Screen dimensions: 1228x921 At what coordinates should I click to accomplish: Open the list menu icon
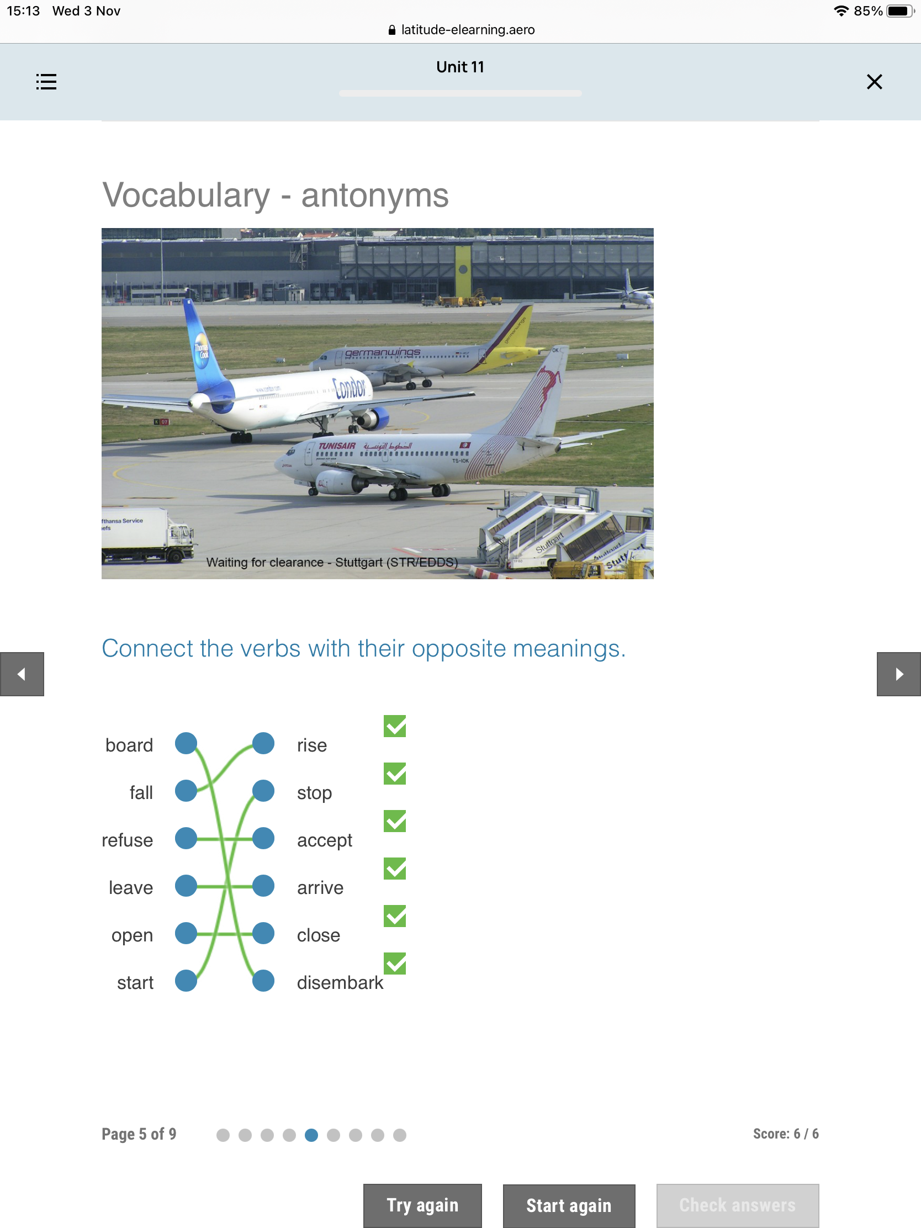coord(46,82)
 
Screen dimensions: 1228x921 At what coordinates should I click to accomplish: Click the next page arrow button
coord(898,674)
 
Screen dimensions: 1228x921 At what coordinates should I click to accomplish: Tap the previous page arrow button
coord(22,674)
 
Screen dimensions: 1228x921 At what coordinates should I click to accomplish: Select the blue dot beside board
coord(186,743)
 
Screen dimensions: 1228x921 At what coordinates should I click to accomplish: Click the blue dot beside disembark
coord(263,981)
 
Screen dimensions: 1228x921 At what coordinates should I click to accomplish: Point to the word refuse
coord(127,840)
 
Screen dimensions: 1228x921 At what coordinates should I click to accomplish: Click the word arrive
coord(320,888)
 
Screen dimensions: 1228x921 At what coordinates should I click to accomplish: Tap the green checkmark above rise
coord(395,726)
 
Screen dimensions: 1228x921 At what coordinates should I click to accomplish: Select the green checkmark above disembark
coord(395,964)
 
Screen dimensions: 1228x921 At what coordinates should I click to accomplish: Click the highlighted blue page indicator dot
coord(311,1135)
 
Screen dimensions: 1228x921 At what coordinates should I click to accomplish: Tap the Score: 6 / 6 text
coord(786,1134)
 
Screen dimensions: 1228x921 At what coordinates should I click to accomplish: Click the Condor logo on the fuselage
coord(349,387)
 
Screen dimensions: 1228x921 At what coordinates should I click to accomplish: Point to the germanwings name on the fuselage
coord(383,352)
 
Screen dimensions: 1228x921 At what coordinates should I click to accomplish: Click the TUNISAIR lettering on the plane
coord(337,446)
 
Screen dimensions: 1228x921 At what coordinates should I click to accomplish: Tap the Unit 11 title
coord(460,67)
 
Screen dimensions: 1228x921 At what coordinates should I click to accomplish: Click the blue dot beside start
coord(186,981)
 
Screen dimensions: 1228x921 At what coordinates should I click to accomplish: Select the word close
coord(318,935)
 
